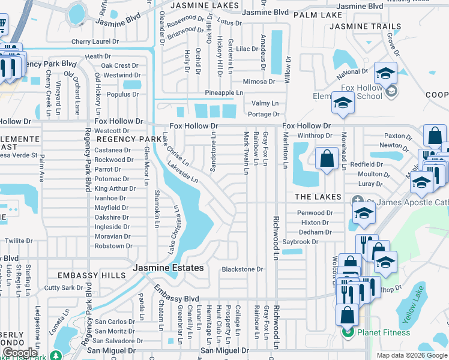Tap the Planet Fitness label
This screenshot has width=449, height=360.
click(x=384, y=332)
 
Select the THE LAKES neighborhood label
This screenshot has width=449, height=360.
click(x=318, y=197)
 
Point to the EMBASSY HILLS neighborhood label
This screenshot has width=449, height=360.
click(x=91, y=275)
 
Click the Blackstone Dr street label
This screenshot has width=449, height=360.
click(x=243, y=269)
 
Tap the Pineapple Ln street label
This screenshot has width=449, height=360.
click(x=224, y=93)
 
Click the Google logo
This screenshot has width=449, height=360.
click(x=20, y=353)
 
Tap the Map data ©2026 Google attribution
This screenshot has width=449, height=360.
click(x=412, y=355)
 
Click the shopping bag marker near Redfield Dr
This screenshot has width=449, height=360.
click(x=327, y=160)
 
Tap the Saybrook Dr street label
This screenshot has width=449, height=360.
click(x=316, y=241)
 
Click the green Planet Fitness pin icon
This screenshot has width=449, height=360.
click(x=347, y=332)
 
